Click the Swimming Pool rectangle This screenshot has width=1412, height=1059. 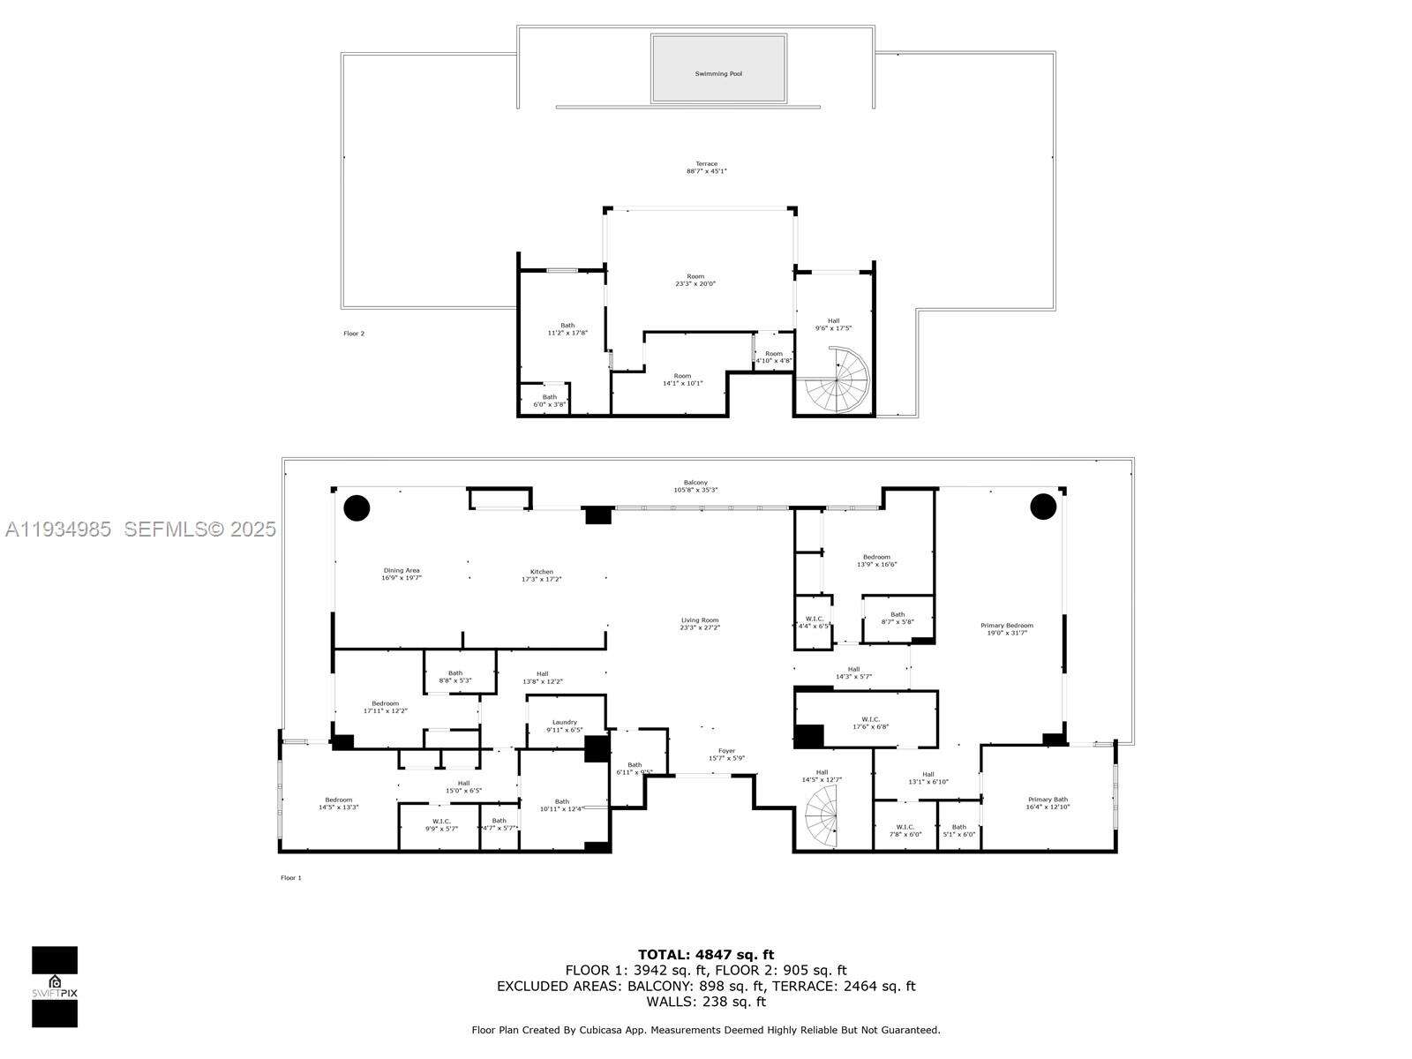717,69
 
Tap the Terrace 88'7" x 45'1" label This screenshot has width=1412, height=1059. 706,168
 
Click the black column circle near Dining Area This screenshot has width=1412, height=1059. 357,507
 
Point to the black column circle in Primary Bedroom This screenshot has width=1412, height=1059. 1043,507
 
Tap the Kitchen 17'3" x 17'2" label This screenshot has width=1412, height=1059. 541,575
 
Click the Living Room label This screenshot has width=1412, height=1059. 699,624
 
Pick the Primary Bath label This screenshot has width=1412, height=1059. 1047,803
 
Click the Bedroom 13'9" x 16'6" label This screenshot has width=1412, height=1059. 876,560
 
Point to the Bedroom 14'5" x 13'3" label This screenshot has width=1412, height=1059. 338,803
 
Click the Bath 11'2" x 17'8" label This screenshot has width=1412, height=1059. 567,329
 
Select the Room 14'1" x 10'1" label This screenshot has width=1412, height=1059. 682,379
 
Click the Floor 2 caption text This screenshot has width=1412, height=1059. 353,334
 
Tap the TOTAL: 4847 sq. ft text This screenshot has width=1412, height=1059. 705,954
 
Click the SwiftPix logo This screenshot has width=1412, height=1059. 55,987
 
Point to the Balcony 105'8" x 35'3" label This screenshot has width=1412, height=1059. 695,486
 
